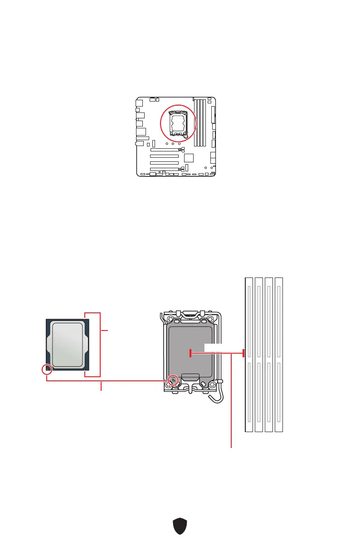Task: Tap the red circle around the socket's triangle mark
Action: click(172, 379)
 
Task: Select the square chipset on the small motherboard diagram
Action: click(189, 158)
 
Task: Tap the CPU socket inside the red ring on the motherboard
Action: click(178, 123)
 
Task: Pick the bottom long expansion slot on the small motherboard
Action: click(164, 168)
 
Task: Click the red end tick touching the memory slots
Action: click(243, 353)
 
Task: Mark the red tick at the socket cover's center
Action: click(190, 353)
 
